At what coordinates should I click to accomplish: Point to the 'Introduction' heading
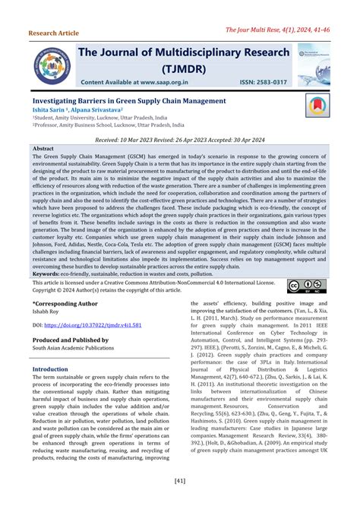50,369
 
